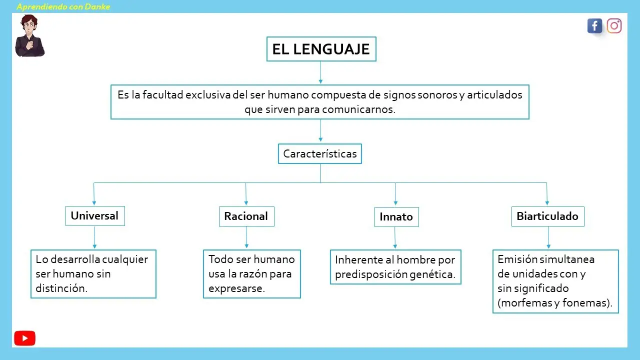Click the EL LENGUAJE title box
pyautogui.click(x=321, y=49)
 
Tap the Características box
pyautogui.click(x=320, y=153)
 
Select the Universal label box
pyautogui.click(x=95, y=216)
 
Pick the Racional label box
pyautogui.click(x=246, y=216)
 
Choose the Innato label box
pyautogui.click(x=396, y=217)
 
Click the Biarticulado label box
pyautogui.click(x=547, y=216)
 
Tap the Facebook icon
pyautogui.click(x=595, y=26)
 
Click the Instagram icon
pyautogui.click(x=614, y=26)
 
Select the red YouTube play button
pyautogui.click(x=25, y=338)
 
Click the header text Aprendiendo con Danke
pyautogui.click(x=63, y=6)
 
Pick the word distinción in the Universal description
pyautogui.click(x=61, y=288)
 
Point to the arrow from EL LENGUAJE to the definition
pyautogui.click(x=320, y=72)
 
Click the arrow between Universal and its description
pyautogui.click(x=94, y=237)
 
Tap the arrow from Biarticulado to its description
pyautogui.click(x=548, y=237)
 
